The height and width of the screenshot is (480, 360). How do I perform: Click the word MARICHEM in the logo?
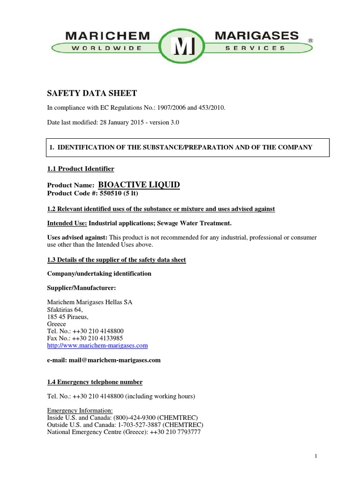pos(107,36)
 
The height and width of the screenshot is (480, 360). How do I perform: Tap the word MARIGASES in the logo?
pos(256,36)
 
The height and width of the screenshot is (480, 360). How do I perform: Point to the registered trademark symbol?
pos(310,41)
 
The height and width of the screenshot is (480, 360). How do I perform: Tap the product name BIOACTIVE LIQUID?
pos(139,185)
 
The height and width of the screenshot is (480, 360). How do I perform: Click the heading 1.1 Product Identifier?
pos(81,169)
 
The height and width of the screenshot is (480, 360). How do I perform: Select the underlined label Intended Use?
pos(67,223)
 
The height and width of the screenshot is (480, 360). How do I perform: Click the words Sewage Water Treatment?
pos(195,223)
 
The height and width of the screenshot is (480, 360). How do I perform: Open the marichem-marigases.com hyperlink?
pos(97,345)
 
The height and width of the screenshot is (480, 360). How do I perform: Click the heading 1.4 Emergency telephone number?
pos(95,382)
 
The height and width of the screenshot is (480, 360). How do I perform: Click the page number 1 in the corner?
pos(316,456)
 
